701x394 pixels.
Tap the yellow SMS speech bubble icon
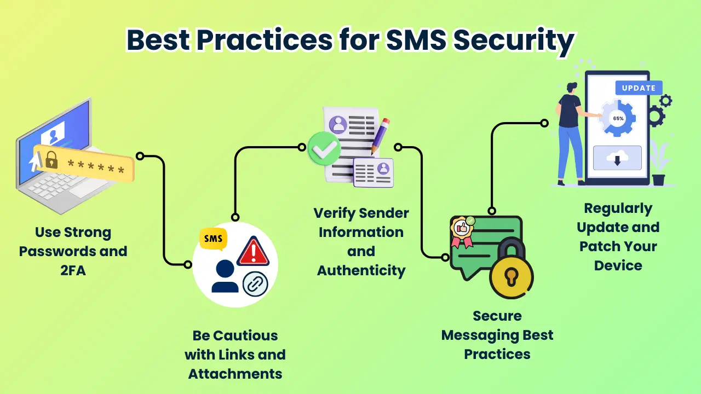[214, 239]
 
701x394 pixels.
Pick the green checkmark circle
[325, 148]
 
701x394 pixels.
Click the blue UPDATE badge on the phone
[639, 88]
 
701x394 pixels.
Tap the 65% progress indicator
[618, 118]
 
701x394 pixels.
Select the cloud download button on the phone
[617, 158]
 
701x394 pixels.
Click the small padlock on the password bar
[51, 160]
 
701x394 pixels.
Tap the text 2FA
[73, 270]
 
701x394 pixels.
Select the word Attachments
[235, 374]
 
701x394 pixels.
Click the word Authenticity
[361, 270]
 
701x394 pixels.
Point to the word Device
[618, 265]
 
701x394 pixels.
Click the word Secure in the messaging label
[497, 316]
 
